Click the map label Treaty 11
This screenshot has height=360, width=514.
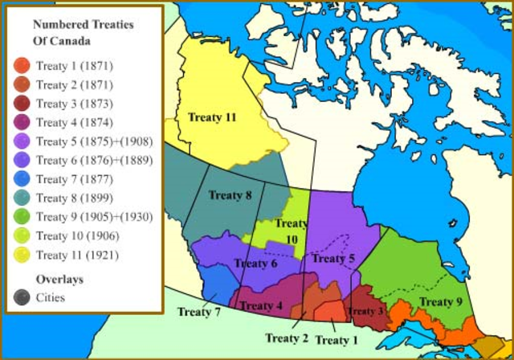pyautogui.click(x=212, y=117)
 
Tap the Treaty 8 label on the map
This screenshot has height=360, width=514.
pyautogui.click(x=230, y=194)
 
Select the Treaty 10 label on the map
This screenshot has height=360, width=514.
pyautogui.click(x=290, y=231)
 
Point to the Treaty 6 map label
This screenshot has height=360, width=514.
pyautogui.click(x=256, y=263)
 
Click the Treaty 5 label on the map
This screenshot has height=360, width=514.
pyautogui.click(x=332, y=258)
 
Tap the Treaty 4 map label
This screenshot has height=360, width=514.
pyautogui.click(x=262, y=305)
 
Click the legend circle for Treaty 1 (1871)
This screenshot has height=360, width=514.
pyautogui.click(x=22, y=66)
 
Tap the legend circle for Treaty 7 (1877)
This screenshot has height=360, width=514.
pyautogui.click(x=22, y=179)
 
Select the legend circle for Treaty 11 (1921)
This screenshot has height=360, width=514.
pyautogui.click(x=22, y=255)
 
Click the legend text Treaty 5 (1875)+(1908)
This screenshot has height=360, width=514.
pyautogui.click(x=94, y=141)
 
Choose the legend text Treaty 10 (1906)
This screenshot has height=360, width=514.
pyautogui.click(x=78, y=235)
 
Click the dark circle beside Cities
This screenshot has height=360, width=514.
pyautogui.click(x=22, y=297)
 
